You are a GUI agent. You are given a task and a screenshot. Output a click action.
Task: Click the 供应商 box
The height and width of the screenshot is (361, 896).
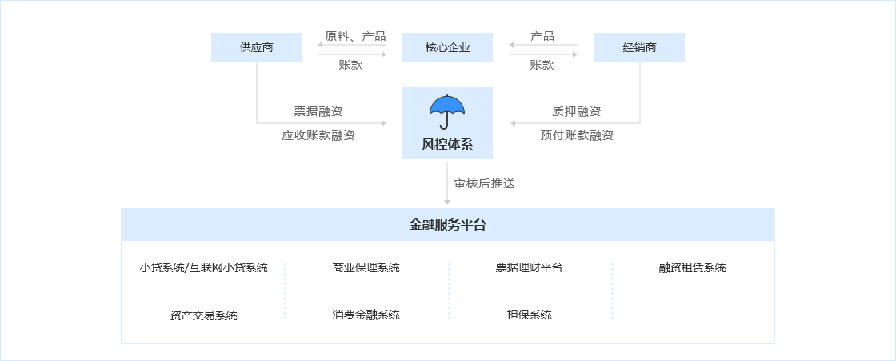pos(256,48)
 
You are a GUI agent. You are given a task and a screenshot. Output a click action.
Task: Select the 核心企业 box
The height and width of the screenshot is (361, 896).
pos(447,48)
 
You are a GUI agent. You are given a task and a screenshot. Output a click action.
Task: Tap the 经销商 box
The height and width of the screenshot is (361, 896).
pos(639,48)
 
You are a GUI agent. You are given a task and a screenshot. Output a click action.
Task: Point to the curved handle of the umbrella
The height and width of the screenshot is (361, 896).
pos(444,125)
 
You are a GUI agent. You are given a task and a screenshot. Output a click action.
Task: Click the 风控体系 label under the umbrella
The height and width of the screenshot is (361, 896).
pos(447,145)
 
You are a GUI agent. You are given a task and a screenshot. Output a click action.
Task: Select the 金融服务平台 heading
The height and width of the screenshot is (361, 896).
pos(447,225)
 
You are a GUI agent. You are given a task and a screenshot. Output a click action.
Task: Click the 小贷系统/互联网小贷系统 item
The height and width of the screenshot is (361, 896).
pos(203,268)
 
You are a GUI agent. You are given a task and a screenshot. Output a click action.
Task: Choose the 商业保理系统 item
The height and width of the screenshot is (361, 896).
pos(366,268)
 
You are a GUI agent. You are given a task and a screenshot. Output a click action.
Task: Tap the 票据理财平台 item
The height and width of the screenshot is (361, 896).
pos(529,268)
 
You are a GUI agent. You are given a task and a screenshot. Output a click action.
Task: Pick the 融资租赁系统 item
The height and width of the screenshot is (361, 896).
pos(692,268)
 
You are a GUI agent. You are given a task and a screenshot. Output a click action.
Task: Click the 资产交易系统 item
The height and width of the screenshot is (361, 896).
pos(203,315)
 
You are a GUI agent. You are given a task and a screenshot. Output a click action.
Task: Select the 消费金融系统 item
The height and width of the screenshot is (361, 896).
pos(366,315)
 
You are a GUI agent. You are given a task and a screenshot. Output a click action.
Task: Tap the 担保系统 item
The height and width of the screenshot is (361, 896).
pos(529,315)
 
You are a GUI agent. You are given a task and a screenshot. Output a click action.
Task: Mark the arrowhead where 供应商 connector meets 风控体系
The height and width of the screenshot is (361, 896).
pos(384,123)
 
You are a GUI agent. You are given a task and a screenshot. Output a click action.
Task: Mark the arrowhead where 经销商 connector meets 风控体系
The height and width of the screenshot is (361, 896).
pos(512,123)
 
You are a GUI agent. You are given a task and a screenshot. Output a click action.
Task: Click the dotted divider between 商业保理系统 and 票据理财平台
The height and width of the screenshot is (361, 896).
pos(449,291)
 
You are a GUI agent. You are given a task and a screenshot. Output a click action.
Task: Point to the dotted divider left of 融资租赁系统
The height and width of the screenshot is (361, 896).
pos(612,291)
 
